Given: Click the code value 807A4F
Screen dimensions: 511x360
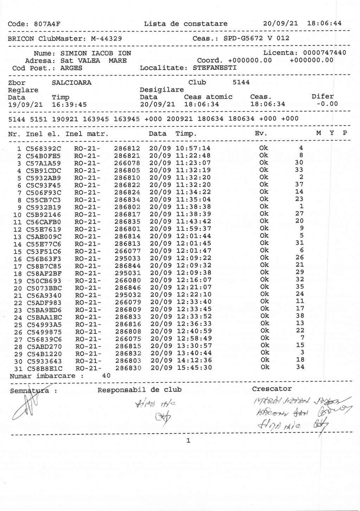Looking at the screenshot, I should tap(47, 24).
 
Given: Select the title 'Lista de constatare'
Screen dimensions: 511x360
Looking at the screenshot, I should tap(185, 24).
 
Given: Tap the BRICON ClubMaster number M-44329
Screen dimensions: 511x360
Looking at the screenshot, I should tap(106, 39).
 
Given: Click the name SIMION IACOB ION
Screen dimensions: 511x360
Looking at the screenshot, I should tap(96, 53).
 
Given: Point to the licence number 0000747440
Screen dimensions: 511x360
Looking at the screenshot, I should tap(324, 53).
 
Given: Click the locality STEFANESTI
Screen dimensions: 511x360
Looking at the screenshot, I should tap(214, 68).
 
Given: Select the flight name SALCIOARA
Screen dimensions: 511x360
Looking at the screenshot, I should tap(71, 83).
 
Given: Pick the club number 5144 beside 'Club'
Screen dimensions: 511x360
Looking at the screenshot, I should tap(241, 82).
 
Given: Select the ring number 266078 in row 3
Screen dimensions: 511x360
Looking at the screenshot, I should tap(127, 163).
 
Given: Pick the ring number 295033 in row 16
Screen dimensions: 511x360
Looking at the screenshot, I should tap(127, 258).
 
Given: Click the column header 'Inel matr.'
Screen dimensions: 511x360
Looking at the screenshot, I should tap(87, 134).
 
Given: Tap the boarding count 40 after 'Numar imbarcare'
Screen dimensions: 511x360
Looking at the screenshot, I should tap(106, 376).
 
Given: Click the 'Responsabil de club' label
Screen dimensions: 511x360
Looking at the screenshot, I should tap(139, 390).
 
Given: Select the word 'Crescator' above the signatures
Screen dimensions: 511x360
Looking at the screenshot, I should tap(271, 389).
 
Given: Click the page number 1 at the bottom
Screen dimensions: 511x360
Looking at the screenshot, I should tap(188, 441).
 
